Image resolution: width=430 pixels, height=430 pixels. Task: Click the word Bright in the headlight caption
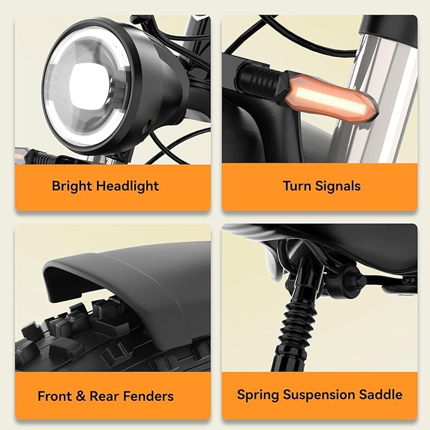point(72,186)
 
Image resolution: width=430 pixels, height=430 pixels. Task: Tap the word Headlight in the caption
point(128,186)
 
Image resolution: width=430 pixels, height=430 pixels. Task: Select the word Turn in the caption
point(297,186)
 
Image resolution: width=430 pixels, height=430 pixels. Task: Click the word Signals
point(338,186)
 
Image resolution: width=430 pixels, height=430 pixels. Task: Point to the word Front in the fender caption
point(54,396)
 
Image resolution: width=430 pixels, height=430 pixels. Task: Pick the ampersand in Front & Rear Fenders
point(80,396)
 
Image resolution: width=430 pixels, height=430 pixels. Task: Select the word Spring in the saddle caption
point(258,395)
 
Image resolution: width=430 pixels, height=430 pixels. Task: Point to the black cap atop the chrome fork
point(390,29)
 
